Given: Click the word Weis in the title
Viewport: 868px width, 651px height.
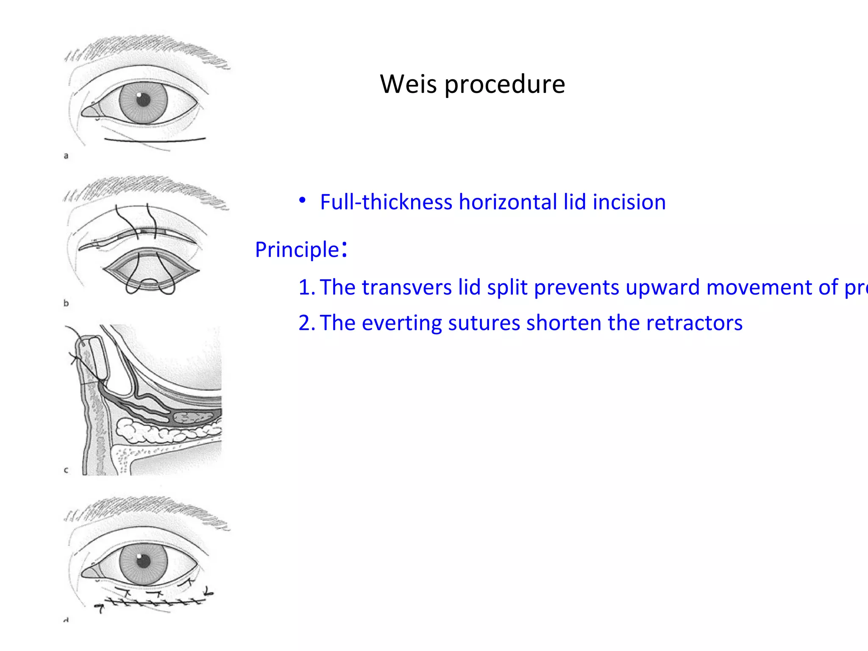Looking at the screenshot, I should pyautogui.click(x=408, y=84).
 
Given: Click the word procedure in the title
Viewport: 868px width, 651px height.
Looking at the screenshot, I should pyautogui.click(x=504, y=85).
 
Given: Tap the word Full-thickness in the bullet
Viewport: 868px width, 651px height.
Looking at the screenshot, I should pyautogui.click(x=386, y=202).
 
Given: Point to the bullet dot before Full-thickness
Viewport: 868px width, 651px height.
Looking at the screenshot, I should pyautogui.click(x=302, y=200).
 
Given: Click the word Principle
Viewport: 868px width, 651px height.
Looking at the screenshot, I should pyautogui.click(x=297, y=250).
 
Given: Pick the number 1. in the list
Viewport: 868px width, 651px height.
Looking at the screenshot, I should pyautogui.click(x=306, y=287).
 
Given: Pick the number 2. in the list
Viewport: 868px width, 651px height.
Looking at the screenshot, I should pyautogui.click(x=306, y=323).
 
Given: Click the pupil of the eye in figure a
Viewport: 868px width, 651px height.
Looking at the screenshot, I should pyautogui.click(x=143, y=100).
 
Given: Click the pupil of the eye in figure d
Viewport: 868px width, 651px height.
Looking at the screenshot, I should pyautogui.click(x=143, y=561).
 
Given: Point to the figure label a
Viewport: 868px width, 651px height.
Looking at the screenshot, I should pyautogui.click(x=66, y=156).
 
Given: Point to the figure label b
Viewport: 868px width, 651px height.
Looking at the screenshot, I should pyautogui.click(x=66, y=303).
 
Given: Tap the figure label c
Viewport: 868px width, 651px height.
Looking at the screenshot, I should pyautogui.click(x=66, y=470).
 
